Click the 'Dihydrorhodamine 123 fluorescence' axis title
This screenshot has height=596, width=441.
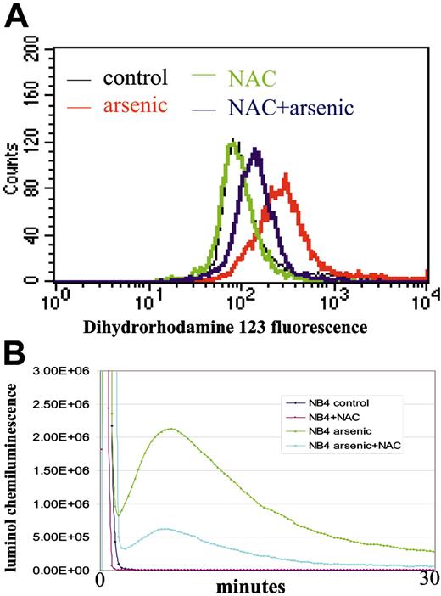(220, 325)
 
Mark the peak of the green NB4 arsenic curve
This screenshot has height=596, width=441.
(171, 429)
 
